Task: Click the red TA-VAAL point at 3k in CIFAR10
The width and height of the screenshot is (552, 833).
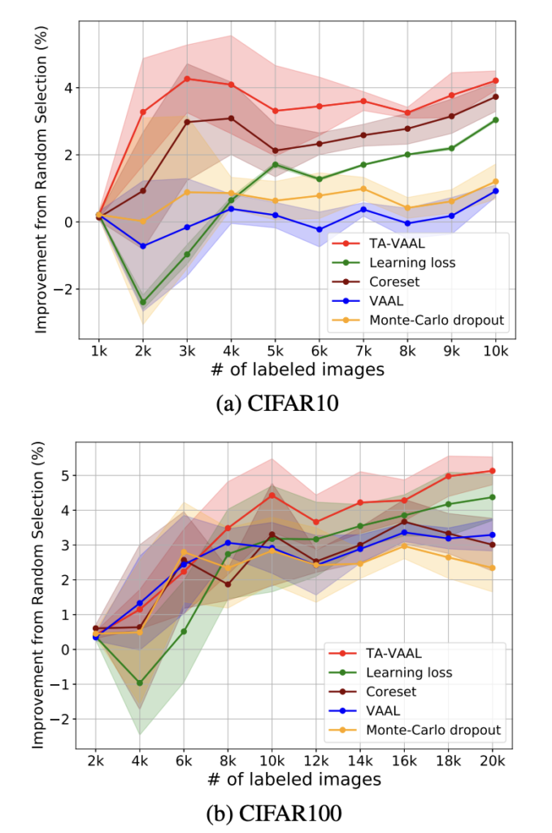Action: coord(187,79)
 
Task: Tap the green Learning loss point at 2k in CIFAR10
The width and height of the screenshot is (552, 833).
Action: coord(143,302)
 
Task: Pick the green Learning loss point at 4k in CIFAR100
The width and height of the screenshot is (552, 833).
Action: coord(139,683)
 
